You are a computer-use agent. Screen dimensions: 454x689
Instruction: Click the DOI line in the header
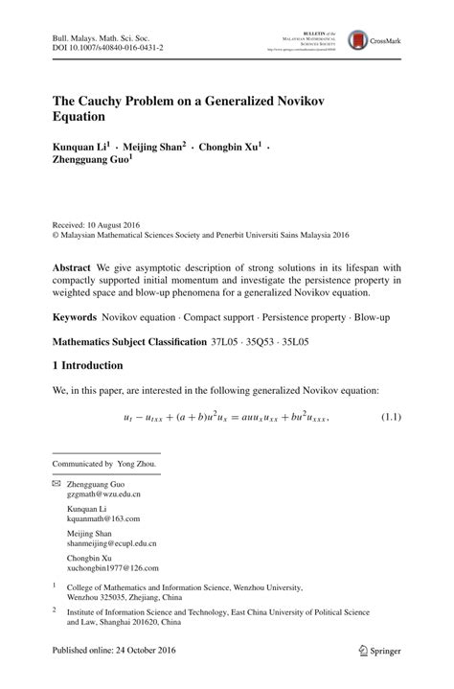107,47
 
